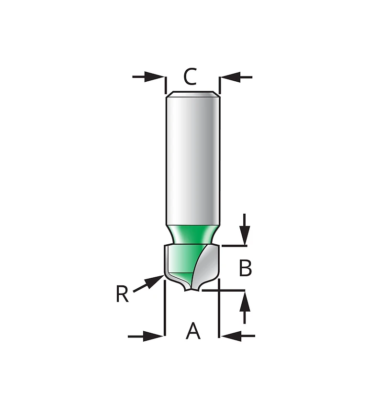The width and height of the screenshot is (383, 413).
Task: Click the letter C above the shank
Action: click(x=190, y=76)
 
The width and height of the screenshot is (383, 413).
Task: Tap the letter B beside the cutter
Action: click(x=245, y=268)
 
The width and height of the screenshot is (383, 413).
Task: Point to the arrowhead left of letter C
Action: click(x=154, y=77)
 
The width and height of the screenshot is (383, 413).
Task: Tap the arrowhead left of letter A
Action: click(x=153, y=336)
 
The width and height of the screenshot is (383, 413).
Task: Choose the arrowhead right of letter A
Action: click(x=231, y=336)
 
